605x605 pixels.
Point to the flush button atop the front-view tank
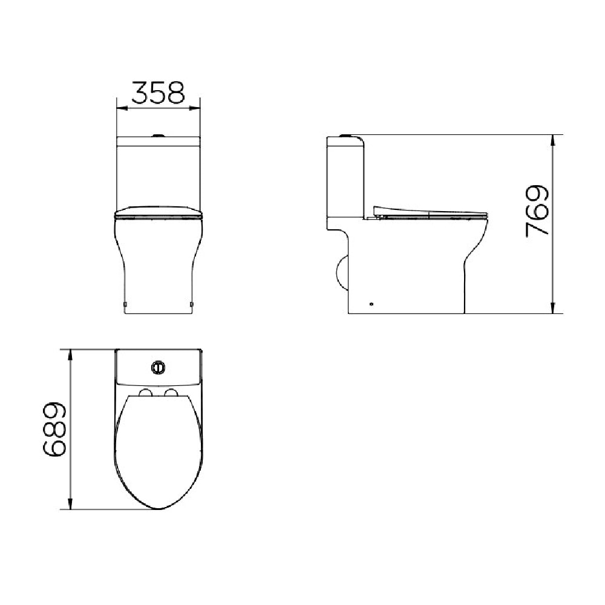159,135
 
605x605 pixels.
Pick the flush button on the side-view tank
347,135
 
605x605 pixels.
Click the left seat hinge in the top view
145,394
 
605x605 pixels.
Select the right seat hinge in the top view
171,394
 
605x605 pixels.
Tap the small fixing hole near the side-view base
371,304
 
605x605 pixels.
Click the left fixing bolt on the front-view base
125,302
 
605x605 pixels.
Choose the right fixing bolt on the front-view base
192,302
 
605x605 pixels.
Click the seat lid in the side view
430,212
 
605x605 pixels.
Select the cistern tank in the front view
158,175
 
